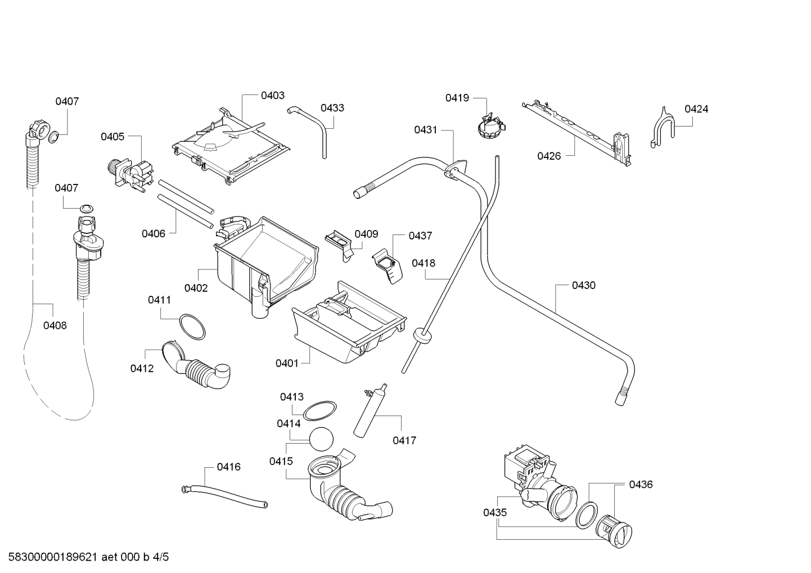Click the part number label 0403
point(273,95)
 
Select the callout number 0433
point(332,107)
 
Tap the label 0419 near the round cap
point(457,98)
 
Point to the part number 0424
point(696,109)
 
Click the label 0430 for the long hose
point(584,285)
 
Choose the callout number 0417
point(404,440)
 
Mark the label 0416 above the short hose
point(228,467)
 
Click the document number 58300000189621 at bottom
point(52,557)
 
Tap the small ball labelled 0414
point(321,439)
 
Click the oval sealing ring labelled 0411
point(192,327)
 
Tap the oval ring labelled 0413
point(319,411)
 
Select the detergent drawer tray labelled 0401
point(349,322)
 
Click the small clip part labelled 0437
point(388,265)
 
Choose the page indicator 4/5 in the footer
point(161,557)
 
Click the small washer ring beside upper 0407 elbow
point(54,137)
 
